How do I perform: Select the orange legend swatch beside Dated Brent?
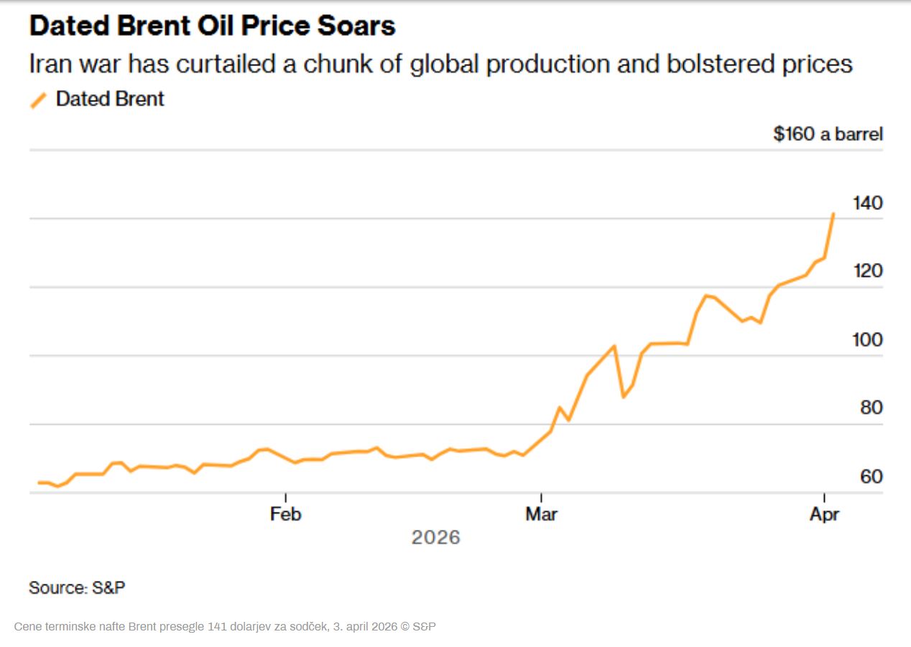point(39,100)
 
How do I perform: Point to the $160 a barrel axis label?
point(828,134)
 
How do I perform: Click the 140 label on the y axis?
point(867,203)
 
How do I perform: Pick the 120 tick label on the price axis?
point(867,271)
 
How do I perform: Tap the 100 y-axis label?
point(867,339)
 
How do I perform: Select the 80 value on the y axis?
point(871,408)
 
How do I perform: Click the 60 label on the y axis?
point(871,477)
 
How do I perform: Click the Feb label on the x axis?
point(285,514)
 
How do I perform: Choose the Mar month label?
point(540,514)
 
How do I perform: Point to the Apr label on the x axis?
point(823,514)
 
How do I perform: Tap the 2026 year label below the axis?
point(435,537)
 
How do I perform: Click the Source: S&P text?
point(77,587)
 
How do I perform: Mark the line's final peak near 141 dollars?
point(833,214)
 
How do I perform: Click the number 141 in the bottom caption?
point(216,627)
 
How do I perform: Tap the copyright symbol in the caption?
point(404,627)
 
